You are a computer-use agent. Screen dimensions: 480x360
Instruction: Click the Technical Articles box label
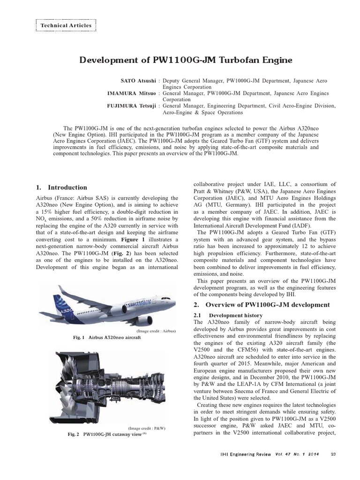[66, 25]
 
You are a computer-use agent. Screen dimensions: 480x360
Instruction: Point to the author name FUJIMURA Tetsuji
[132, 106]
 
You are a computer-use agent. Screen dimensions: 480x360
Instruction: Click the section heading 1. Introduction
[61, 187]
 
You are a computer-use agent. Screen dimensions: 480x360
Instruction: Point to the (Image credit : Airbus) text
[156, 331]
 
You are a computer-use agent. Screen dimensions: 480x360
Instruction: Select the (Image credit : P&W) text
[147, 428]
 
